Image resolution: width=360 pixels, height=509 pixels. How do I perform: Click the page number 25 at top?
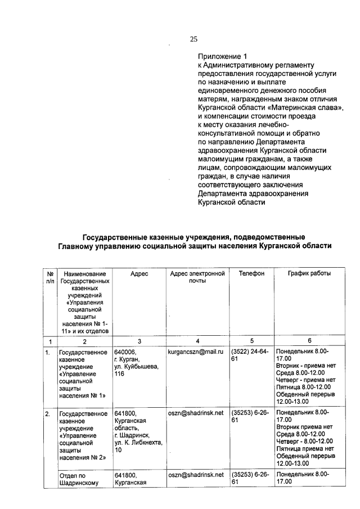click(x=193, y=39)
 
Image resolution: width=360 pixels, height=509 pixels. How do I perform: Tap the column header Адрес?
click(x=139, y=273)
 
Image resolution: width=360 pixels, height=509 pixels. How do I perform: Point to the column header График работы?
click(x=309, y=273)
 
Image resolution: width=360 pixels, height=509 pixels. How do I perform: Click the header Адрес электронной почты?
click(x=197, y=277)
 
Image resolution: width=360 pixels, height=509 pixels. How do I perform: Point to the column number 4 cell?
click(x=197, y=341)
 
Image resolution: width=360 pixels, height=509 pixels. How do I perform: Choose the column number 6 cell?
click(x=309, y=341)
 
